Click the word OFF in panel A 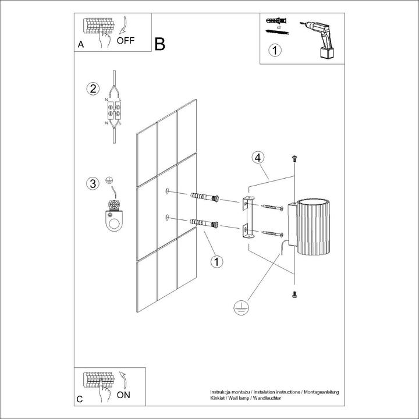click(x=126, y=41)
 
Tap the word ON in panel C click(x=123, y=395)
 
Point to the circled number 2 click(x=91, y=89)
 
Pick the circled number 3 click(x=91, y=184)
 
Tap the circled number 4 click(x=258, y=158)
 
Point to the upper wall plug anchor click(x=203, y=197)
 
